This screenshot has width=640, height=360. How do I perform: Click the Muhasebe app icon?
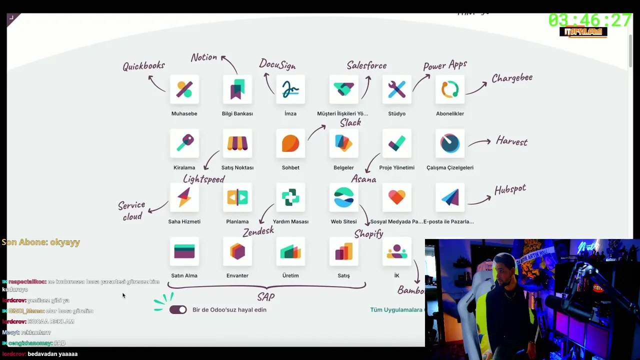[x=184, y=89]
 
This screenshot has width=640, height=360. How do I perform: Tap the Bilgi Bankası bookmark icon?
[x=237, y=89]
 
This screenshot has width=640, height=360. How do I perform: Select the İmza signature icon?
[x=290, y=89]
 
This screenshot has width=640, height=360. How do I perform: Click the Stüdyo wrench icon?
[x=396, y=89]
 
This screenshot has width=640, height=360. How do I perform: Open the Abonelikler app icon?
[x=449, y=89]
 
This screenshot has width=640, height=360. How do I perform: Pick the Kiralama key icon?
[x=184, y=143]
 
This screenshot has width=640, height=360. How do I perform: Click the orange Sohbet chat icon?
[x=290, y=143]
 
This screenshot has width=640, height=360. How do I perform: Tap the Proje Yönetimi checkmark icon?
[x=396, y=143]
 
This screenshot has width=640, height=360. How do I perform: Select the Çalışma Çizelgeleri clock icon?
[x=449, y=143]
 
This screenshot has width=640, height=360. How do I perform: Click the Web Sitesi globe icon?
[x=343, y=197]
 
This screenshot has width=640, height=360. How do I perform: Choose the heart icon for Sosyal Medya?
[x=396, y=197]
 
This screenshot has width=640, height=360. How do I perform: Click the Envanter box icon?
[x=237, y=251]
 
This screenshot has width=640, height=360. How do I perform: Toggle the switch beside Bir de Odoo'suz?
[x=178, y=310]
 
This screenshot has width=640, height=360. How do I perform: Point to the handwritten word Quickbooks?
[x=143, y=66]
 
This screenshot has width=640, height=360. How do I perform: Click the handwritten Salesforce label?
[x=366, y=65]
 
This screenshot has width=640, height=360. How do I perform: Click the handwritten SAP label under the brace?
[x=266, y=297]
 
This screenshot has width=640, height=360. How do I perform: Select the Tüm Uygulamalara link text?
[x=396, y=310]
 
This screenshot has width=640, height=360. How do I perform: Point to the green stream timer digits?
[x=589, y=20]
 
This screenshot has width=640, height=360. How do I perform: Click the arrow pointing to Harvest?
[x=479, y=142]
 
